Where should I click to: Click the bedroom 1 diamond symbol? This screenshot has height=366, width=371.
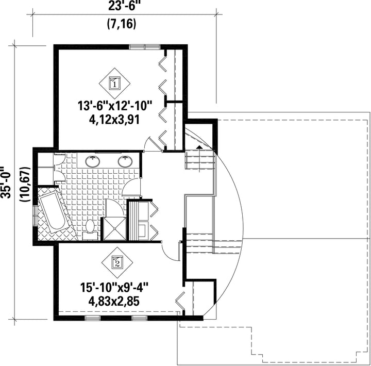(x=114, y=84)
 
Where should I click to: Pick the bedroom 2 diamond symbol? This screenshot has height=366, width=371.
(x=117, y=262)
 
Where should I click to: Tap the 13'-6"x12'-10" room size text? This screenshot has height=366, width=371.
(x=114, y=106)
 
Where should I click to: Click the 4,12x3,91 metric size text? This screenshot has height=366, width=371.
(x=114, y=120)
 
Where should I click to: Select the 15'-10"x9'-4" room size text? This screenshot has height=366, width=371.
(x=114, y=288)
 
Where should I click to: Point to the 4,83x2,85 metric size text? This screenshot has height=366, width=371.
(x=114, y=302)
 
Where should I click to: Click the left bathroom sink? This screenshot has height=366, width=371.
(x=93, y=161)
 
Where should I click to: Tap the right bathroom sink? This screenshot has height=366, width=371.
(x=125, y=161)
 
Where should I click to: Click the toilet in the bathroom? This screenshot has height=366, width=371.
(x=90, y=229)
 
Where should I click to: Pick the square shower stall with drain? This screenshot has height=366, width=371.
(x=115, y=229)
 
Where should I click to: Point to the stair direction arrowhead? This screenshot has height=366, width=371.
(x=199, y=147)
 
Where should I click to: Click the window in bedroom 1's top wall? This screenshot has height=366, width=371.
(x=145, y=47)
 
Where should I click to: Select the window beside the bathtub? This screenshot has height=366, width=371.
(x=35, y=215)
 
